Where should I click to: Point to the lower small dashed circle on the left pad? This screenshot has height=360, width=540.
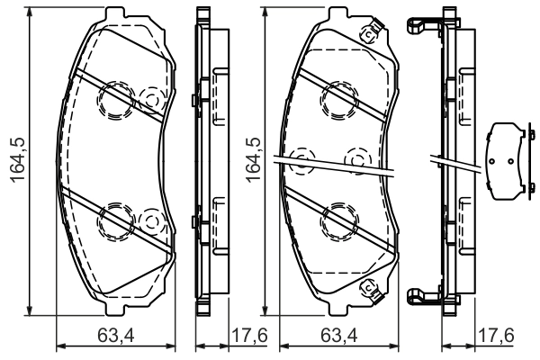152,219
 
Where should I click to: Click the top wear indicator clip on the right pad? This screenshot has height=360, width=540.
368,35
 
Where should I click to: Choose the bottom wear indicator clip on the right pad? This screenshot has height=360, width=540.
368,288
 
